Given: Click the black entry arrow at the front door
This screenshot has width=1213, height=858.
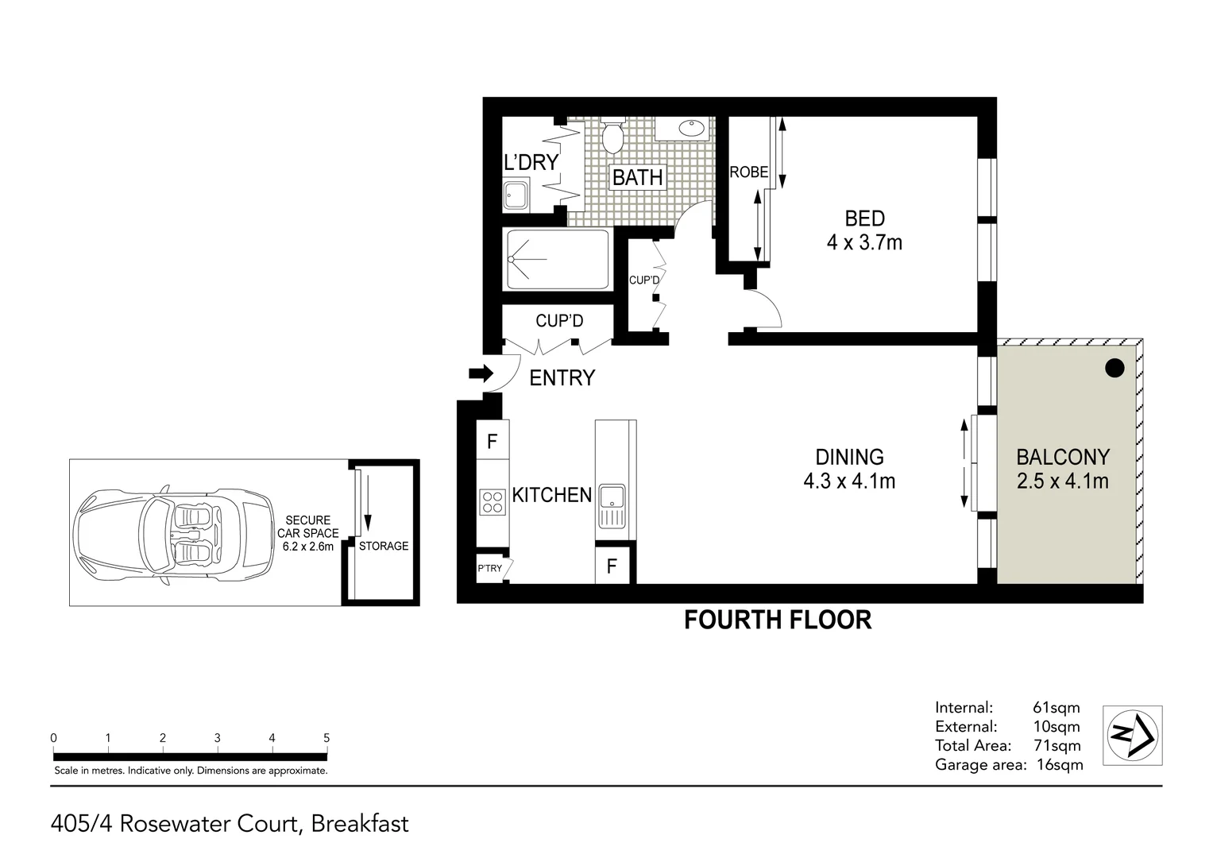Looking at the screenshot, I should [x=481, y=373].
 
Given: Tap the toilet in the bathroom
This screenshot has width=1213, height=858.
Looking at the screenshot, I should [x=612, y=137].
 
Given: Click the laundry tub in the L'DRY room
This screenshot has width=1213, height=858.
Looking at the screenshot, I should [x=515, y=195].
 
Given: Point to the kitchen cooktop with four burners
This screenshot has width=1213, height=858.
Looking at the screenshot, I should [x=492, y=501].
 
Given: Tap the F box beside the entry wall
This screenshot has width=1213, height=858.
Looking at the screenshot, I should [x=492, y=441].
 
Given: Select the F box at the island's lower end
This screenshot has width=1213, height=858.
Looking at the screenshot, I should [x=612, y=566].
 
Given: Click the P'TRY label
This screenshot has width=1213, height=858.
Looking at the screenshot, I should [x=489, y=568].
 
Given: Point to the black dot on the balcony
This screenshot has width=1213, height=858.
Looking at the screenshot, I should [x=1115, y=368].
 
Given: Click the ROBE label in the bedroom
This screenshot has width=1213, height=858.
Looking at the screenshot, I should [x=748, y=172].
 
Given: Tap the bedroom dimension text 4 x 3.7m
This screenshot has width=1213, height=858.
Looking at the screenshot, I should [x=864, y=242].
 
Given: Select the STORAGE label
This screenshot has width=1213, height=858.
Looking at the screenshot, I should [x=384, y=546].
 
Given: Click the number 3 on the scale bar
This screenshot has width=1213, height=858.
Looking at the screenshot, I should [x=217, y=738].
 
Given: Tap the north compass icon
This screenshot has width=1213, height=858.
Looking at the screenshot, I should [x=1133, y=735].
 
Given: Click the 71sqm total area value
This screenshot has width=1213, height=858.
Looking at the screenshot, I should [x=1057, y=745].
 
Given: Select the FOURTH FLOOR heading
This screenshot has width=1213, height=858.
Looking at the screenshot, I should [x=778, y=620].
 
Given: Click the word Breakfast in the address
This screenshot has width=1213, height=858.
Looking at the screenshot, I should [x=359, y=823].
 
